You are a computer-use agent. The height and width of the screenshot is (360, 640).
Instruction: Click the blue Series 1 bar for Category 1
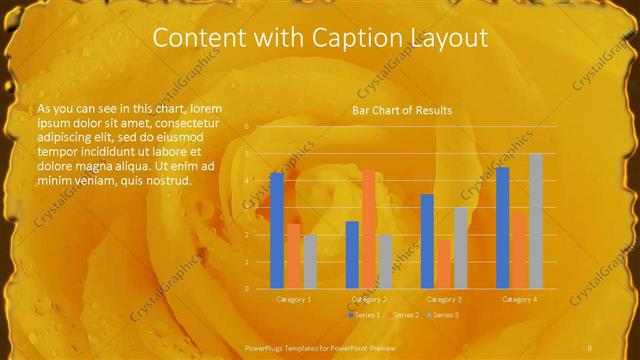[x=277, y=231]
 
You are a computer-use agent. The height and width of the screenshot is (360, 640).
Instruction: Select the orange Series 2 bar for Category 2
[x=369, y=229]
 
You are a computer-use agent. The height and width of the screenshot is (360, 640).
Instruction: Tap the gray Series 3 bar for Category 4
[x=536, y=221]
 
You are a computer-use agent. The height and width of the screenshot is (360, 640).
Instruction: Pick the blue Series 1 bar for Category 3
[x=428, y=241]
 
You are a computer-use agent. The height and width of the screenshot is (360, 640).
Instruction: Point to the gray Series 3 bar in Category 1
[x=310, y=261]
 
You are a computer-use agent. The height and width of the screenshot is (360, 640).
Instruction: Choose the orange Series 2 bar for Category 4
[x=520, y=250]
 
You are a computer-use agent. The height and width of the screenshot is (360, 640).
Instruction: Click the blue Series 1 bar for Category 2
[x=352, y=255]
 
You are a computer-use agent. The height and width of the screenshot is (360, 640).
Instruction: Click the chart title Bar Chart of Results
[x=402, y=110]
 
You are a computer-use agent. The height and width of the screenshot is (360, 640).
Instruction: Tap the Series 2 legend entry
[x=403, y=315]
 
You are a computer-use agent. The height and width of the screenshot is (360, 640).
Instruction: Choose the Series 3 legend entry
[x=443, y=315]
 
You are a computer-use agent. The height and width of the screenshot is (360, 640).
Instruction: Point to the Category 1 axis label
[x=293, y=299]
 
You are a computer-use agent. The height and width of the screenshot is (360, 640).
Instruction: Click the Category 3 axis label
[x=444, y=299]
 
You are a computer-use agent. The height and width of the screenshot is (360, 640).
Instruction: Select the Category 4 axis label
[x=520, y=299]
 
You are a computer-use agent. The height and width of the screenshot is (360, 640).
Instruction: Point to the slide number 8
[x=590, y=346]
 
